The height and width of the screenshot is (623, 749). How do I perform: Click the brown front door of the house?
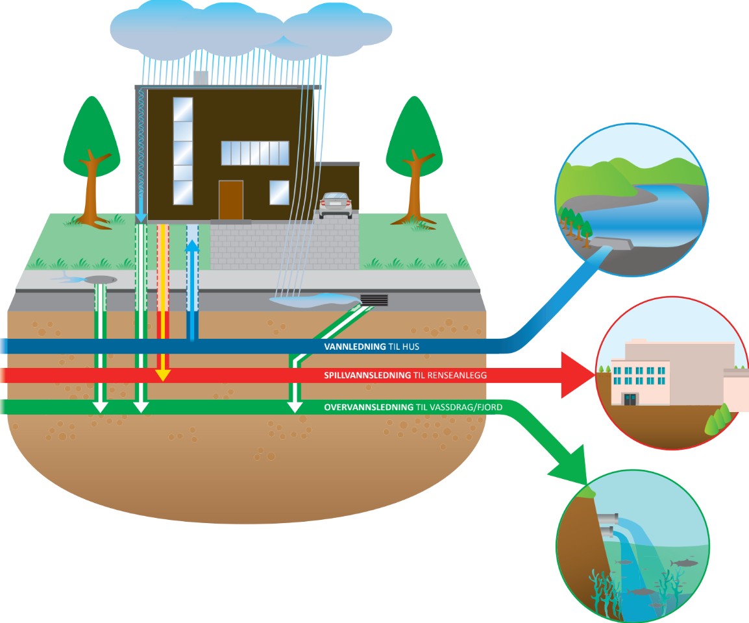(x=230, y=200)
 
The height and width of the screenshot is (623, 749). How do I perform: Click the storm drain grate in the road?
(x=374, y=300)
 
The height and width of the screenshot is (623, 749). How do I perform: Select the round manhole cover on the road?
(x=99, y=279)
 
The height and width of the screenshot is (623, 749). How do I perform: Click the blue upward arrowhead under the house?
(x=193, y=247)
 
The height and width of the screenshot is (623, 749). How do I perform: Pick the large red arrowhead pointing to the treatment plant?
(x=578, y=375)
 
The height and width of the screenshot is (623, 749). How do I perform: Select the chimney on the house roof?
(x=201, y=78)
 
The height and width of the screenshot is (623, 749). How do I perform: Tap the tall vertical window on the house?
(x=183, y=151)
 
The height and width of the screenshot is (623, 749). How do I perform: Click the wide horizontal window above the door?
(x=254, y=153)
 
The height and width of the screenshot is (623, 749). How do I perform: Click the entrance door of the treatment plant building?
(x=630, y=398)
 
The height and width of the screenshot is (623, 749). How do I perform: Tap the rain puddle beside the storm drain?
(x=312, y=300)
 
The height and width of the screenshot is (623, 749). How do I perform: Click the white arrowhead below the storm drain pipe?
(x=295, y=406)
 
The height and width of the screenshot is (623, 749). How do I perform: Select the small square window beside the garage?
(x=279, y=192)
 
